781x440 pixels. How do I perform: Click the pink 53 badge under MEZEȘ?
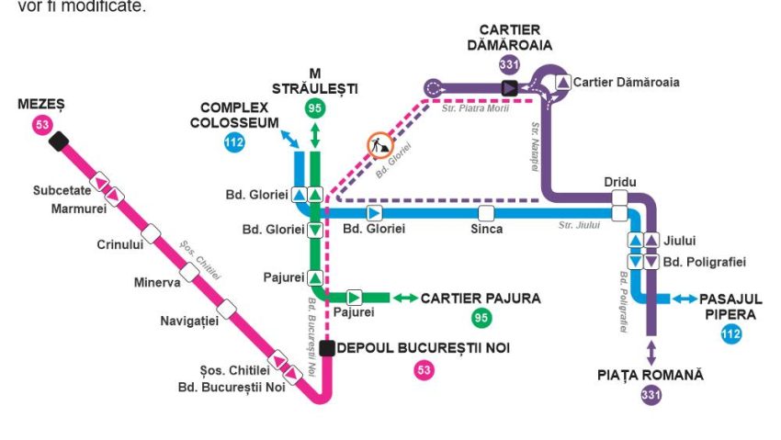[42, 125]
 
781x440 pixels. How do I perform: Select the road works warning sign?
[379, 145]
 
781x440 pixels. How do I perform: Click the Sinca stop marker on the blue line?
[486, 213]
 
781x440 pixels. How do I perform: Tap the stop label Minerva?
[155, 282]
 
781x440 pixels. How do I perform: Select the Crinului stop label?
[119, 244]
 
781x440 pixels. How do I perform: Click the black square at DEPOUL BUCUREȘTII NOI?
[327, 348]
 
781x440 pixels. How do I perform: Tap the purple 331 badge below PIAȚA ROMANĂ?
[651, 396]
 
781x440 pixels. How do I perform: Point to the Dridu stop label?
[620, 182]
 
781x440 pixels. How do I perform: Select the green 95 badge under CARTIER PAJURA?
[480, 318]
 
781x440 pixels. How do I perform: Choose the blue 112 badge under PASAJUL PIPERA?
[730, 334]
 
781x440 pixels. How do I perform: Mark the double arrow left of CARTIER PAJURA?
[403, 298]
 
